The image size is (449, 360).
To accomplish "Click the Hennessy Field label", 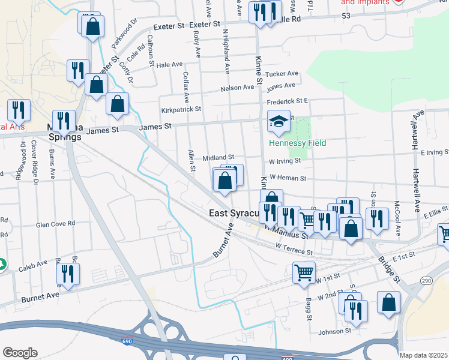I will tap(297, 143).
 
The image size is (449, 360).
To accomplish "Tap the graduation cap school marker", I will tap(279, 122).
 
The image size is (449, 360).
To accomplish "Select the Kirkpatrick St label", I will tap(181, 110).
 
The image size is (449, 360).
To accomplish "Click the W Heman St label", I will tap(288, 178).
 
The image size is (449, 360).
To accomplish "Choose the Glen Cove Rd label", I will tap(55, 223).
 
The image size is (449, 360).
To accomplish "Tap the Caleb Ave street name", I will tap(33, 263).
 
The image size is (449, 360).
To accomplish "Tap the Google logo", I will tap(20, 353).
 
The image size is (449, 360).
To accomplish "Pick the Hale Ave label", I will tap(169, 65).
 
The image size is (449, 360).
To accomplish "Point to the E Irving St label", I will tap(435, 153).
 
